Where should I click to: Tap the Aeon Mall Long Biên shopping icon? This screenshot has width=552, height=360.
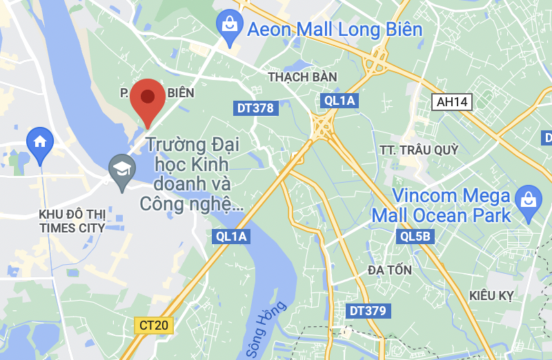pos(228,26)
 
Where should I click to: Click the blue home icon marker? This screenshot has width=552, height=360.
pos(40,143)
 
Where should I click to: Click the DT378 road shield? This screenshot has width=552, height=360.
pos(255,108)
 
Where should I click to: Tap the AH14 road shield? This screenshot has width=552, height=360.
pos(453,102)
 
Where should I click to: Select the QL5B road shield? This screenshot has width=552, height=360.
pos(415,237)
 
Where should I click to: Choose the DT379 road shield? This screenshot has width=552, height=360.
pos(367,311)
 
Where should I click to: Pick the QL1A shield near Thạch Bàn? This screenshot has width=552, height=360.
pos(339,101)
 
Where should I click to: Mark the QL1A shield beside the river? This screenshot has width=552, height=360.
pos(230,237)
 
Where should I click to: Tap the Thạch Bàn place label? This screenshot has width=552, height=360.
pos(297,77)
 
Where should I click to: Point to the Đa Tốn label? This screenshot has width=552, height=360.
pos(390,270)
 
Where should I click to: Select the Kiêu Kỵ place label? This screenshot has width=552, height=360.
pos(491,296)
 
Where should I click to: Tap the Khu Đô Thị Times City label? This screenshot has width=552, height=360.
pos(72,221)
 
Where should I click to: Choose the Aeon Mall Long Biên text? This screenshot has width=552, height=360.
pos(334,29)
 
